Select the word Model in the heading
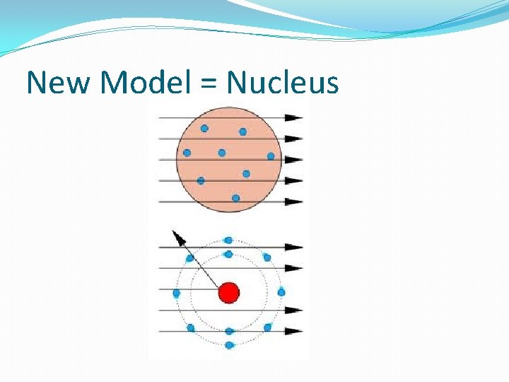(x=144, y=83)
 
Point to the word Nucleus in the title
(x=283, y=83)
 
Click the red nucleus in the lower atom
(x=229, y=292)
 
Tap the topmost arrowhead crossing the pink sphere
(x=294, y=117)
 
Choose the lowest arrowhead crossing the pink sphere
(x=294, y=202)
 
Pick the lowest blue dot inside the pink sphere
(x=235, y=198)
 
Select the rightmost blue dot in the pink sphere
(x=270, y=156)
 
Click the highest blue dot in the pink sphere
(x=204, y=128)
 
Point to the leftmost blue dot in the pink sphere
(x=187, y=152)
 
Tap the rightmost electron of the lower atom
(x=281, y=292)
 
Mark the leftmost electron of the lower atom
(x=176, y=292)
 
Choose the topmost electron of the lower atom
(x=228, y=241)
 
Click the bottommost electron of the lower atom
(x=228, y=345)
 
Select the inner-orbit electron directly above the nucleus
(x=228, y=254)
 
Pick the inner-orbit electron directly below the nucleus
(x=228, y=331)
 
